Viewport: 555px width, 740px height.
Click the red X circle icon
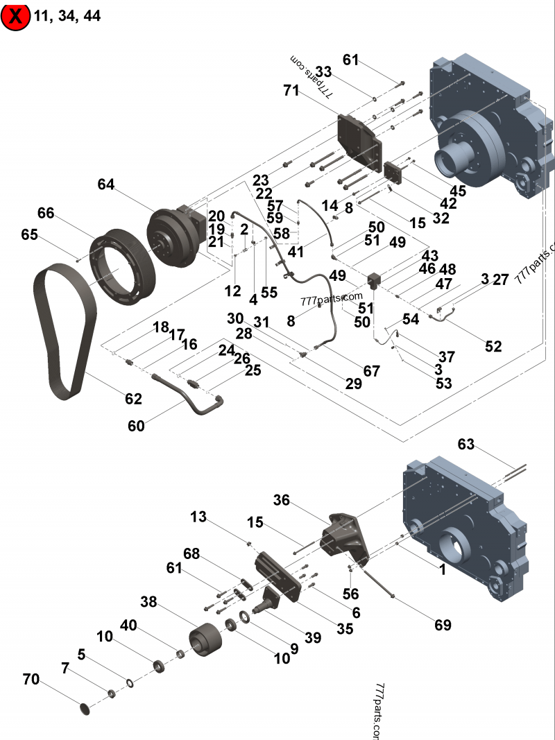click(15, 16)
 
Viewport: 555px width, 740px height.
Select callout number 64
click(105, 184)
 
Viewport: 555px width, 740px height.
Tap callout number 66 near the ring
click(46, 213)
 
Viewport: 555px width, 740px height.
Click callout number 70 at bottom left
click(31, 680)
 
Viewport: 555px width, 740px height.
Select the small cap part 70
click(85, 709)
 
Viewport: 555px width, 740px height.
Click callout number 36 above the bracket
click(281, 500)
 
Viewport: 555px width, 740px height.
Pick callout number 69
click(443, 625)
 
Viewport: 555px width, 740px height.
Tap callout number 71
click(291, 90)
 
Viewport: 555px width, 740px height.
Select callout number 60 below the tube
click(136, 426)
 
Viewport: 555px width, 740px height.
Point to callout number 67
click(372, 371)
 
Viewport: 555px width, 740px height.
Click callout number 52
click(493, 346)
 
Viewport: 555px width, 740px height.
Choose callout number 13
click(198, 517)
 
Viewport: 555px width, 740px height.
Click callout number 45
click(458, 191)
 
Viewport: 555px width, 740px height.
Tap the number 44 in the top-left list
click(92, 16)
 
